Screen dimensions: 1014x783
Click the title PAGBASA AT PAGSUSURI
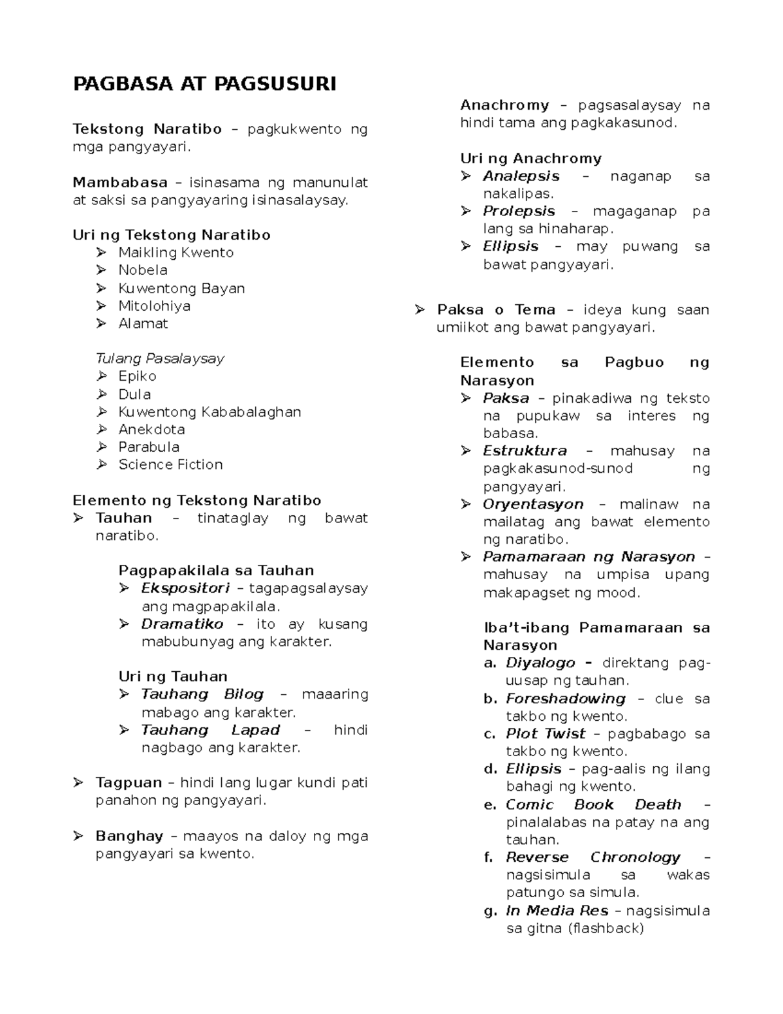click(204, 84)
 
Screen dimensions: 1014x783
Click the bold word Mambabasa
click(120, 183)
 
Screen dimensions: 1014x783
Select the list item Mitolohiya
click(154, 306)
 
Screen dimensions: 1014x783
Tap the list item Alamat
click(143, 323)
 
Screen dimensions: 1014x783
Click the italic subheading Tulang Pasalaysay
click(160, 358)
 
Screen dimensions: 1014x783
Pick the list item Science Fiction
click(170, 464)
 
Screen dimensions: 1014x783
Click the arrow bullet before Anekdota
click(101, 430)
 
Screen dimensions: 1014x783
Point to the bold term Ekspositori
click(185, 588)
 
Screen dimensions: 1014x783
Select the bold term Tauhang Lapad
click(210, 730)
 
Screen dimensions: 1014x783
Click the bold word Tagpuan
click(129, 782)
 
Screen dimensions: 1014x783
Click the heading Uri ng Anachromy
click(530, 159)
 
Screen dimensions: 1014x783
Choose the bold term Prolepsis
click(519, 212)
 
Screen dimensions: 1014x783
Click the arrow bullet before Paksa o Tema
click(420, 309)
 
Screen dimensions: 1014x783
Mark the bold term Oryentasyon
click(533, 504)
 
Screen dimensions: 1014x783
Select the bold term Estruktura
click(525, 451)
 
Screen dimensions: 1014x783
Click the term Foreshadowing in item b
click(565, 699)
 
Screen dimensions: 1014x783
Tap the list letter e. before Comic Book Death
click(490, 805)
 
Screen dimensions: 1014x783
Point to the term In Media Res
click(557, 911)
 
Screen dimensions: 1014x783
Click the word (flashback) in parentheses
click(606, 928)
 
